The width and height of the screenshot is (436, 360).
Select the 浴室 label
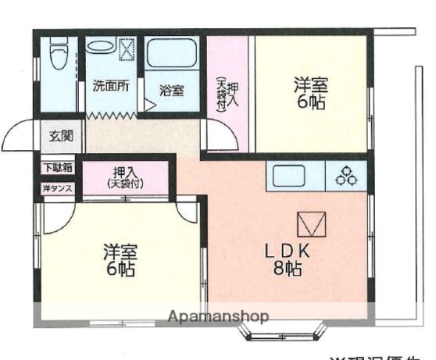point(172,90)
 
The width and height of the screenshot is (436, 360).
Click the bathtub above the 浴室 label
point(173,55)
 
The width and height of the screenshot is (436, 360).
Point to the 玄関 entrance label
point(61,136)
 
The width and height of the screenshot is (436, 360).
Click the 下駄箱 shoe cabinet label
point(57,167)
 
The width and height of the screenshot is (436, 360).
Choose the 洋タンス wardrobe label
point(57,187)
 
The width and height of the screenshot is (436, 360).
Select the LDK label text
point(288,251)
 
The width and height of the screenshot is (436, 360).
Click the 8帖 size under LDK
point(288,269)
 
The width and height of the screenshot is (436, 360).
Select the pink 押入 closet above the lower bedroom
point(125,178)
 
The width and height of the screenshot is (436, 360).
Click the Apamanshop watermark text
point(218,316)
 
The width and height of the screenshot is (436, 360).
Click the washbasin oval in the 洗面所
point(100,46)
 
